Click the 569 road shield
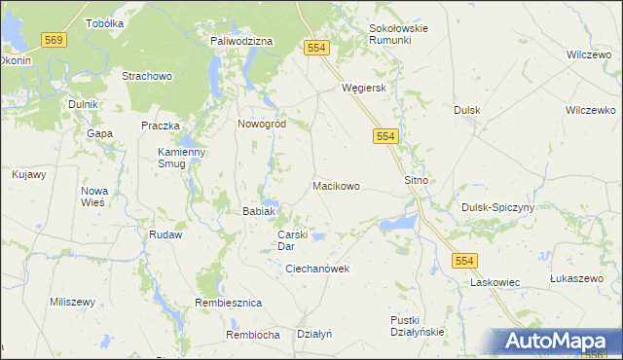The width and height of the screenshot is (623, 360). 54,39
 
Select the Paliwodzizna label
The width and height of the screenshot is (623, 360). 241,41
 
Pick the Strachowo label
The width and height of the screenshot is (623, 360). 146,76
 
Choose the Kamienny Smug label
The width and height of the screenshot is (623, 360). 182,159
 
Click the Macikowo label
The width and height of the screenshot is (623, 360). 337,185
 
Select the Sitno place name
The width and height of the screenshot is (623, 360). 416,181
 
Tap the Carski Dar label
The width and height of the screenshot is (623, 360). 293,240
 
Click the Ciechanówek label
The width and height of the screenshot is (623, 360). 317,269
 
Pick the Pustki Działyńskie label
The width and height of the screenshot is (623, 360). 417,326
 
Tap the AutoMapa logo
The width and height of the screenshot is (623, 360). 558,342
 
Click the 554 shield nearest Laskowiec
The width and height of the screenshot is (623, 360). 462,259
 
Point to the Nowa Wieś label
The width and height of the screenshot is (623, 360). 94,196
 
